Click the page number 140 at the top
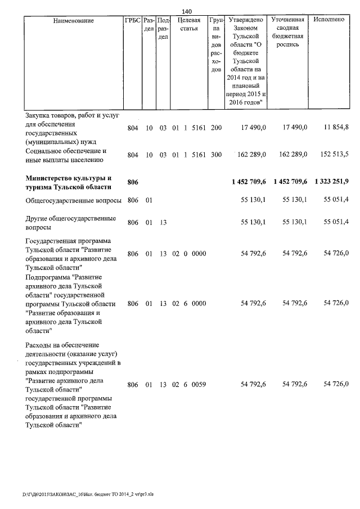point(187,11)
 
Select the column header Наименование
point(74,21)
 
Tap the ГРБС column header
point(132,21)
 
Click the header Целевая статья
point(188,25)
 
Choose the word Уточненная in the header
point(287,20)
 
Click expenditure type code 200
point(216,128)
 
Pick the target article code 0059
point(199,385)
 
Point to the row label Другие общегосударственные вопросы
point(71,223)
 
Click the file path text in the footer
point(88,494)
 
